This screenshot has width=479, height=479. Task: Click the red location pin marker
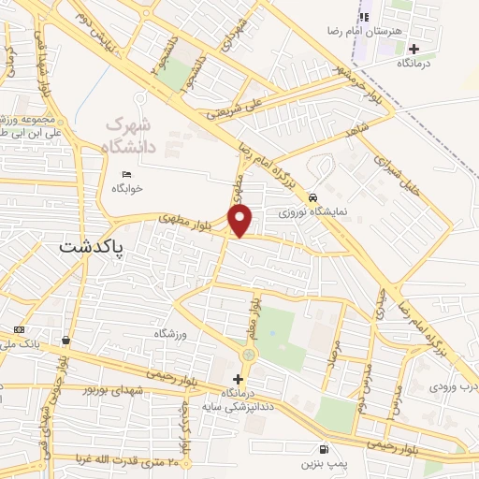tap(241, 221)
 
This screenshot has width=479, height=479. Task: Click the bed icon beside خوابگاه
tap(127, 175)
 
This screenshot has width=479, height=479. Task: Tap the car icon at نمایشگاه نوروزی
tap(312, 197)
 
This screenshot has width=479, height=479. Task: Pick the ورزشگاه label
tap(171, 334)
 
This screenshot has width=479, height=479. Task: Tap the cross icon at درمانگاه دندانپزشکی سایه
tap(238, 380)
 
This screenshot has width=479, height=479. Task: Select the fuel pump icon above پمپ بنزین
tap(324, 449)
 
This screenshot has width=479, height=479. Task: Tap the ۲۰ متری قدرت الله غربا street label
tap(94, 459)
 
